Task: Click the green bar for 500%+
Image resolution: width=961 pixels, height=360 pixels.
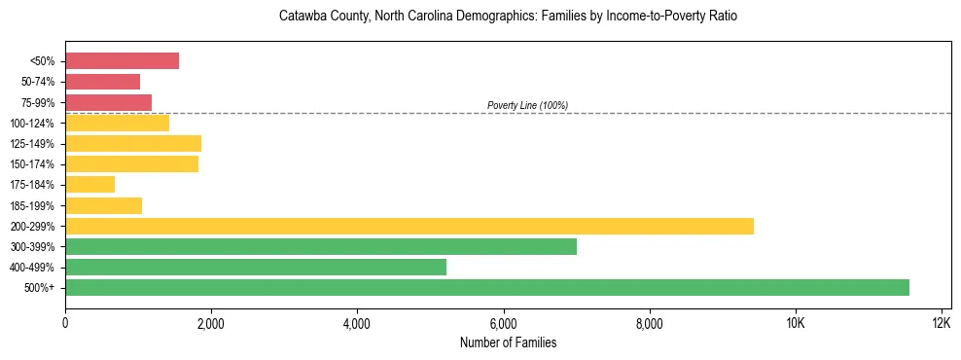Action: pyautogui.click(x=486, y=287)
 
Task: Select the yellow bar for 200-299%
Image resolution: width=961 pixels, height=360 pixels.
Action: pyautogui.click(x=409, y=226)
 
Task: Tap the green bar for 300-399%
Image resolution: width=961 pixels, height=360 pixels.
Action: pyautogui.click(x=321, y=246)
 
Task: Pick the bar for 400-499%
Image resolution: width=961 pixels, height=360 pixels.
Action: pyautogui.click(x=256, y=267)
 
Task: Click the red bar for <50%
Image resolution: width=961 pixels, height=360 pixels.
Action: pyautogui.click(x=122, y=61)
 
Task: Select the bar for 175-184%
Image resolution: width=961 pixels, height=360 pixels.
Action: pyautogui.click(x=89, y=185)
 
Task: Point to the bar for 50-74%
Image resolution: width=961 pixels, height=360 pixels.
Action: pyautogui.click(x=102, y=82)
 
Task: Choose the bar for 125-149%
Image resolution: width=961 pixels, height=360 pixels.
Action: pyautogui.click(x=133, y=143)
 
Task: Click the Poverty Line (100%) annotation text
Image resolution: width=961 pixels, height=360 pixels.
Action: pyautogui.click(x=527, y=105)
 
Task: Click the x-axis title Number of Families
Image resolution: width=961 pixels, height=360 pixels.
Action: pyautogui.click(x=508, y=342)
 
